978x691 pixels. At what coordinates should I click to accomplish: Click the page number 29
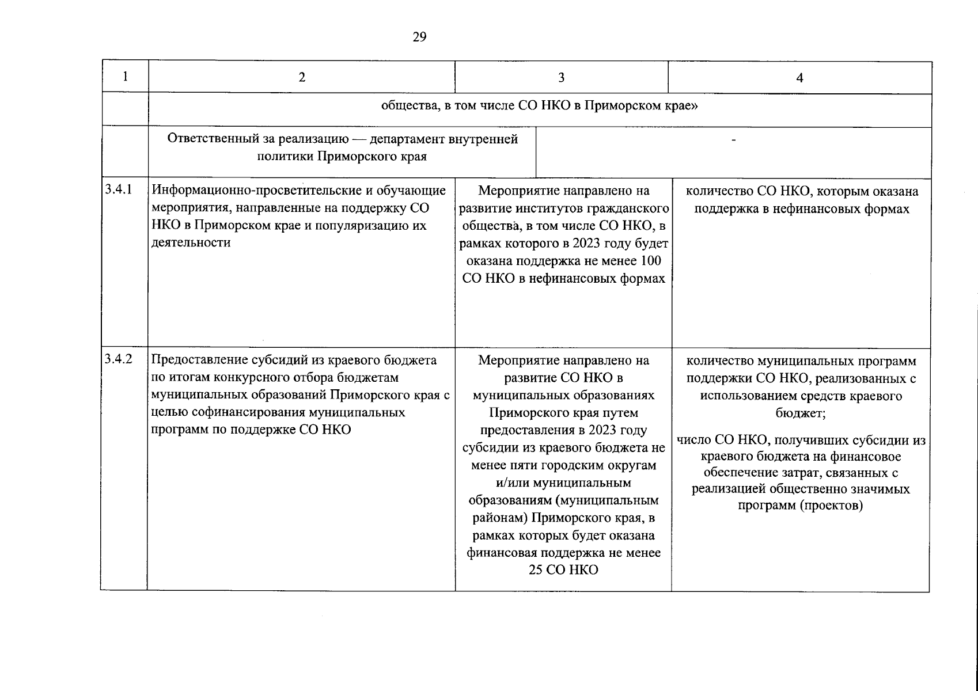pyautogui.click(x=419, y=37)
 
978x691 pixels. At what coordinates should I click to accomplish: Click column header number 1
pyautogui.click(x=125, y=77)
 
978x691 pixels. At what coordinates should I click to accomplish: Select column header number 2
pyautogui.click(x=302, y=78)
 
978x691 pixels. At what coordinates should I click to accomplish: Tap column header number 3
pyautogui.click(x=562, y=78)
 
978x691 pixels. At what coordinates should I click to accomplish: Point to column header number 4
pyautogui.click(x=799, y=78)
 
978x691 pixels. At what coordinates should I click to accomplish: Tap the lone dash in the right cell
pyautogui.click(x=733, y=140)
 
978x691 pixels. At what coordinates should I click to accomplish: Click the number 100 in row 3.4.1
pyautogui.click(x=650, y=261)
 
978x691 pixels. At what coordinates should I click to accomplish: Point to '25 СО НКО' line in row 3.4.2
pyautogui.click(x=563, y=569)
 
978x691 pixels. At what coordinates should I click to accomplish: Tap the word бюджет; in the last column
pyautogui.click(x=799, y=413)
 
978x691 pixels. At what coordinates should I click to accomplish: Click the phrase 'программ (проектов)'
pyautogui.click(x=800, y=506)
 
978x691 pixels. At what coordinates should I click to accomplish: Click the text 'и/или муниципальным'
pyautogui.click(x=563, y=483)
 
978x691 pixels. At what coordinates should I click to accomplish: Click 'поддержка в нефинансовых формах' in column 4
pyautogui.click(x=801, y=209)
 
